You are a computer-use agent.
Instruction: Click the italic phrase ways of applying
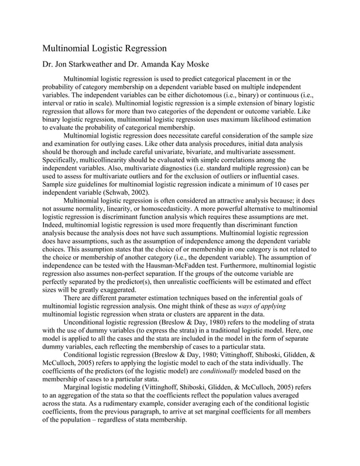(264, 306)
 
